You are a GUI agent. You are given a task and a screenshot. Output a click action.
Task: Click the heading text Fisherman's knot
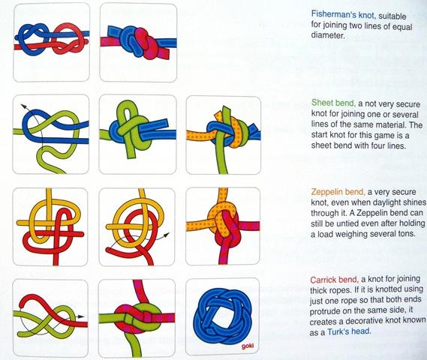344,15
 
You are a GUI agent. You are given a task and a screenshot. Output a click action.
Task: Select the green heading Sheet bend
333,103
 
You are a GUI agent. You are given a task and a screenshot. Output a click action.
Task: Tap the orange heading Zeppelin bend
338,192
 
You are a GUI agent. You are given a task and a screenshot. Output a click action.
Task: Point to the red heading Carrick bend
334,280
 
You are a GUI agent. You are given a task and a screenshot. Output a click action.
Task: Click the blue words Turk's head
349,331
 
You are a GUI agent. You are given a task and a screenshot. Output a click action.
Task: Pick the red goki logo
247,346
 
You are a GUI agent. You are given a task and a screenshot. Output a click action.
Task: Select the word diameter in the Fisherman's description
328,36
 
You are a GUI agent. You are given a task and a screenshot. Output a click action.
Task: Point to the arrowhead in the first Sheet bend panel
24,106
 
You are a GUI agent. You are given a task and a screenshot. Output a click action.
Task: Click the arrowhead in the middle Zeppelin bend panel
167,235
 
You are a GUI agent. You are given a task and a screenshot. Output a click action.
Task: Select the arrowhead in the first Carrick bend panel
81,316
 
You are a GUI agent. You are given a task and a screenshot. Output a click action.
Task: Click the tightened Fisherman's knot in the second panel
139,42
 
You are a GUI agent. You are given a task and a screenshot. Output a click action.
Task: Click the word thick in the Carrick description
319,290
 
